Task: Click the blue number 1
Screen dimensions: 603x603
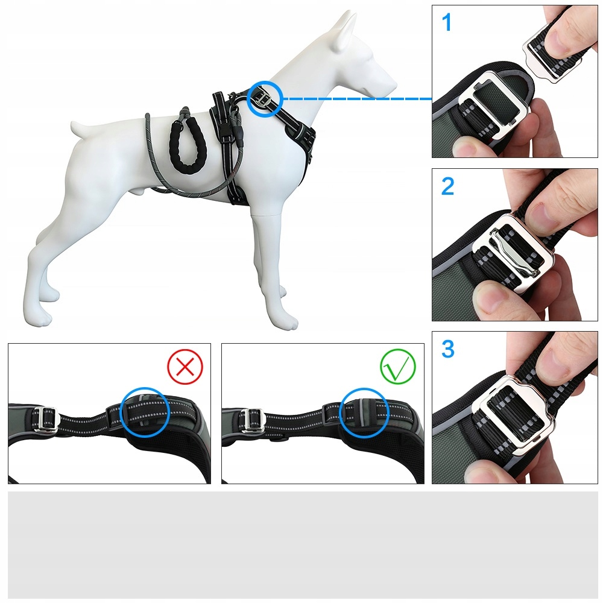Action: (446, 22)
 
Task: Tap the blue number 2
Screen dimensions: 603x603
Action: (447, 186)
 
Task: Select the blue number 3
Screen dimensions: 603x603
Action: (448, 349)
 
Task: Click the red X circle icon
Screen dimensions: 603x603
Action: (185, 367)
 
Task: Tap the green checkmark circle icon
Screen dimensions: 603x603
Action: (398, 367)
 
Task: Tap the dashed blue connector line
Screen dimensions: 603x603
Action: (358, 99)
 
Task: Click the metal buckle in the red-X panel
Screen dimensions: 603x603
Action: (45, 418)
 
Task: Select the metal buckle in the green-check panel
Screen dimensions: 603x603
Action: (252, 419)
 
